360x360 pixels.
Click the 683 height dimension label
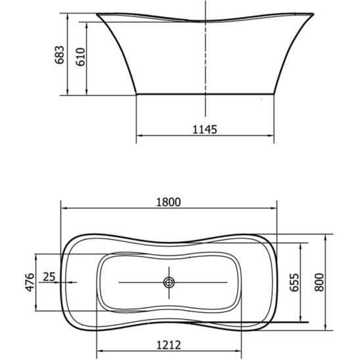60,55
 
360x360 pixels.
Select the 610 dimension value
80,56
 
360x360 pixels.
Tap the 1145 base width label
204,129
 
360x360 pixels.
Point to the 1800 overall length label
169,202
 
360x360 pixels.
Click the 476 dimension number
30,282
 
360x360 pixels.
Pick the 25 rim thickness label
49,277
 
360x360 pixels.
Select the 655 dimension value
294,282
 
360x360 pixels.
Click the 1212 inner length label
169,345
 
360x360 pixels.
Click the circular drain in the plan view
169,282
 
